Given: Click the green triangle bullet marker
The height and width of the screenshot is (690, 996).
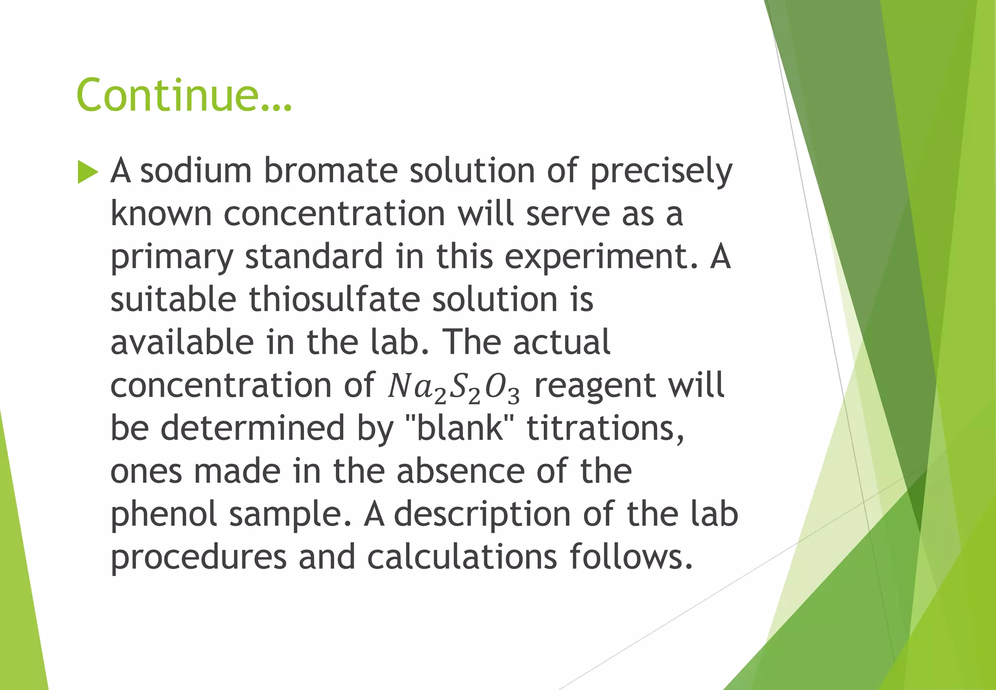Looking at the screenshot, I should tap(88, 172).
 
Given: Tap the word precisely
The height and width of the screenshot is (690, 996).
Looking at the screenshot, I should tap(661, 172).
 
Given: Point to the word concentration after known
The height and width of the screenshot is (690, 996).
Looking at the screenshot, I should tap(334, 214).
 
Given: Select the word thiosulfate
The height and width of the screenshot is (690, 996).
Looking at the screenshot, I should tap(334, 300).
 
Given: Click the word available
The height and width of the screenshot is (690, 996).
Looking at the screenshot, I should tap(182, 343).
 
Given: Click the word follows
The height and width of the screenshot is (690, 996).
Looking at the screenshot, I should tap(631, 557).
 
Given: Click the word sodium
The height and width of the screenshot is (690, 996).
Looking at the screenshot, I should tap(196, 171).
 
